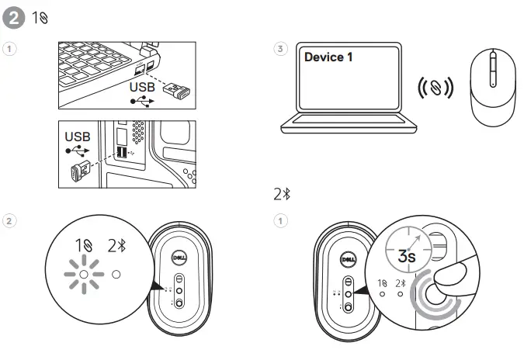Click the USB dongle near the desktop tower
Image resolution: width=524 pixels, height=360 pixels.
coord(81,172)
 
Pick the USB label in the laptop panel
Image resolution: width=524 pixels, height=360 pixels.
coord(141,88)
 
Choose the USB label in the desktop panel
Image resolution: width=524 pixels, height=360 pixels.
coord(77,137)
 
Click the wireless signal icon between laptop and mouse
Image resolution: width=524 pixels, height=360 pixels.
coord(436,87)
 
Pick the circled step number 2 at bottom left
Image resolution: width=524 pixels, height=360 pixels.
coord(9,220)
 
